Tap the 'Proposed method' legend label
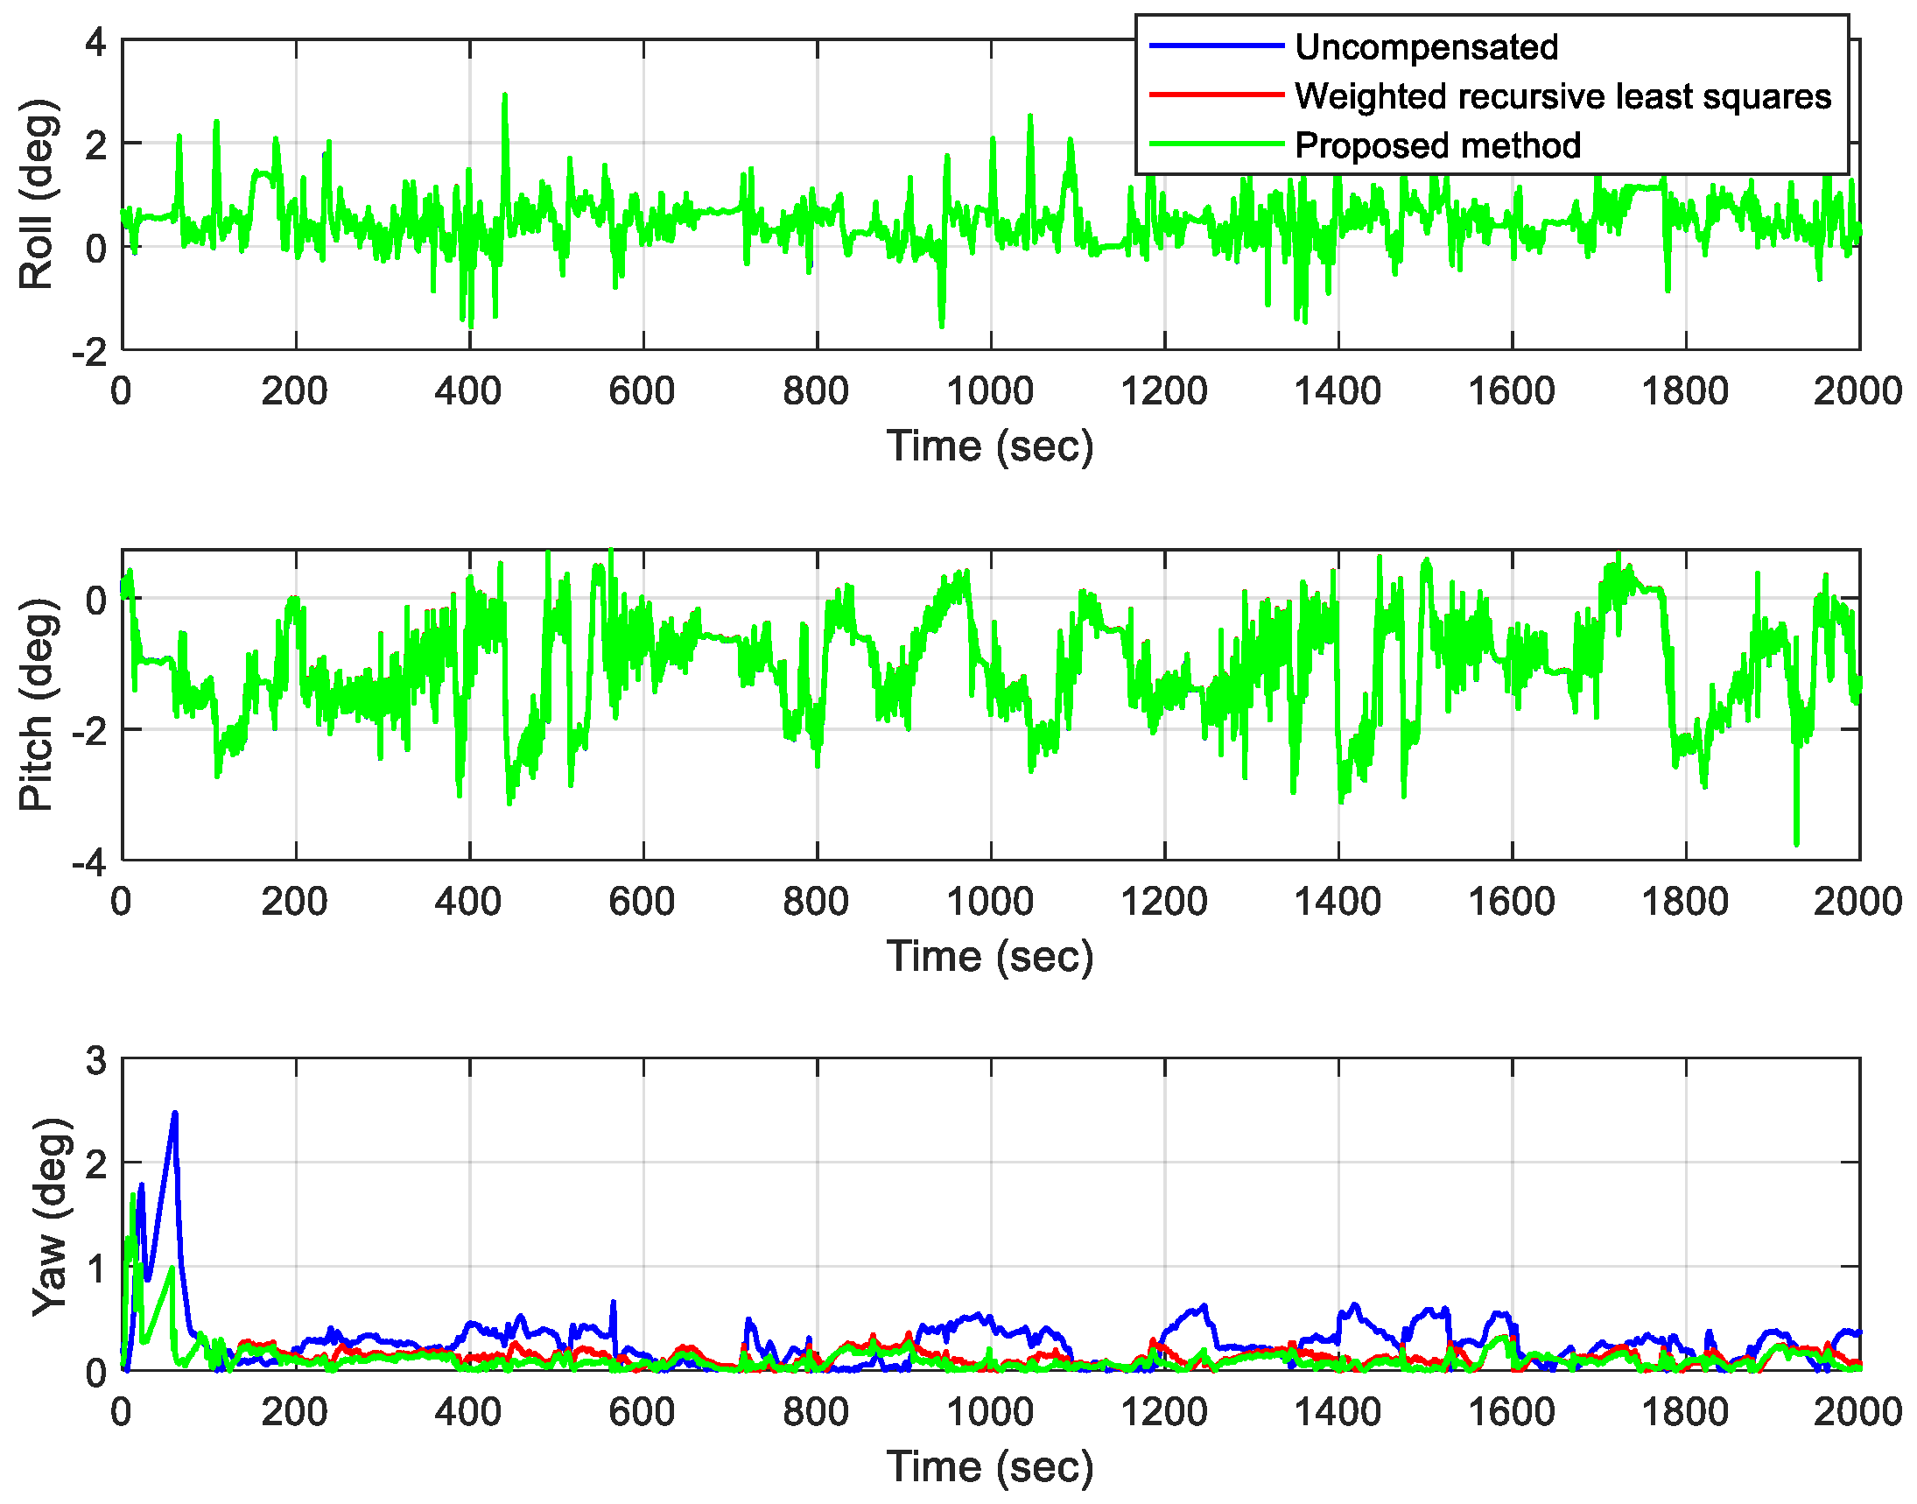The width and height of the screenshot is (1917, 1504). (x=1436, y=145)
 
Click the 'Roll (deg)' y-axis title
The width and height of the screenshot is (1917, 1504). (x=37, y=194)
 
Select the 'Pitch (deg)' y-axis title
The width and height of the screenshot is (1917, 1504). (x=37, y=705)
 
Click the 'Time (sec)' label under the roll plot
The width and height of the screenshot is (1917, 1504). (x=989, y=446)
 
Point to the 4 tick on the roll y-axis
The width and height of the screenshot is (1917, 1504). (x=96, y=41)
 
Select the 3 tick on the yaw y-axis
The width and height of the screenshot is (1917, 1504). (x=96, y=1061)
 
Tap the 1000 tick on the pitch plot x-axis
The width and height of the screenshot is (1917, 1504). (x=989, y=901)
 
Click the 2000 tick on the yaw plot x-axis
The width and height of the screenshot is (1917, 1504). (x=1856, y=1411)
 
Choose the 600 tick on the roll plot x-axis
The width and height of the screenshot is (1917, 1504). (x=642, y=391)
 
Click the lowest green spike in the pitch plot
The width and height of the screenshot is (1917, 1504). (x=1795, y=843)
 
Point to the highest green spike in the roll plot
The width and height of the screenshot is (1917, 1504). (x=504, y=95)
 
